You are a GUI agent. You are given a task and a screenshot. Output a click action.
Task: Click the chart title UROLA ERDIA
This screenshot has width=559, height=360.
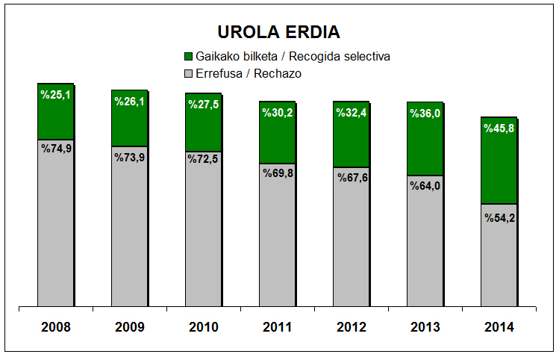278,32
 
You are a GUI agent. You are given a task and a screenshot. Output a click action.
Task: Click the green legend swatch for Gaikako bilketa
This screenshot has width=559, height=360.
188,57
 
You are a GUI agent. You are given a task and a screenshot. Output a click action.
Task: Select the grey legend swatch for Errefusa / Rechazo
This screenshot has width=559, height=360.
188,73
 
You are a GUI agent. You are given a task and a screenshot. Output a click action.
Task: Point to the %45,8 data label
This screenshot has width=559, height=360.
499,128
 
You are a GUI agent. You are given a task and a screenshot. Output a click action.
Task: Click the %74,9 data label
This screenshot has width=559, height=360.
55,148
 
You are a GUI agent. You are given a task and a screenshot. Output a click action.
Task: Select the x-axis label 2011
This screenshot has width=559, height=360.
278,327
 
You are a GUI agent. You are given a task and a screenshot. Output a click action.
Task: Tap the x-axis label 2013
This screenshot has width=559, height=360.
425,327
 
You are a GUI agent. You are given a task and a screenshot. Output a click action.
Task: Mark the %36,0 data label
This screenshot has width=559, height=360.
425,113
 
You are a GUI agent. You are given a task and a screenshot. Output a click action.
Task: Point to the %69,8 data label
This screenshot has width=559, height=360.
278,173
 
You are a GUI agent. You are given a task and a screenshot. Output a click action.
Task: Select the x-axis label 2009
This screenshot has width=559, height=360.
129,327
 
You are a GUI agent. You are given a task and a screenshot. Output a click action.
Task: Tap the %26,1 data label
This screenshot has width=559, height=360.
129,101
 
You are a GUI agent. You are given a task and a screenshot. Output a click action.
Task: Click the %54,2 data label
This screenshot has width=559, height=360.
499,217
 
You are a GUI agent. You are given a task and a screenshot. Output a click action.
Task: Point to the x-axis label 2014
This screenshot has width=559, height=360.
499,327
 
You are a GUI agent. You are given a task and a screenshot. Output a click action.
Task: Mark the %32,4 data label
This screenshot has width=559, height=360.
351,113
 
